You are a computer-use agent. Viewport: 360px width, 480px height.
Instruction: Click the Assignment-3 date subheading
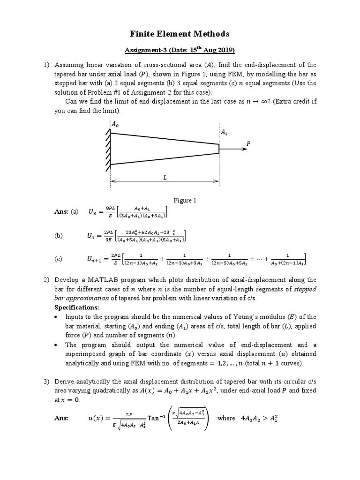[180, 50]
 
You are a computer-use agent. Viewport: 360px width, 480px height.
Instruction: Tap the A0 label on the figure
[115, 124]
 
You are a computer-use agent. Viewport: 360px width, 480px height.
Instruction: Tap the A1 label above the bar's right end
[224, 133]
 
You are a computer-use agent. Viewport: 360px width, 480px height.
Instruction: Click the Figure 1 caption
[185, 200]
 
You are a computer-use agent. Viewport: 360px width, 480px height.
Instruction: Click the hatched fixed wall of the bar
[107, 149]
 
